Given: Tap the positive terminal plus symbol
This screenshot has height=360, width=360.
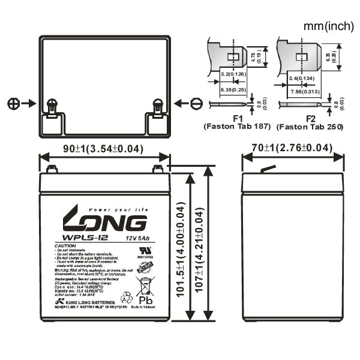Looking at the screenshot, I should [x=14, y=103].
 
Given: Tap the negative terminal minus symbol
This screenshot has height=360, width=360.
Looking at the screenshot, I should [x=196, y=103].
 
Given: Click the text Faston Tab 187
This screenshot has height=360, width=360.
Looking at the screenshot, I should [x=238, y=127].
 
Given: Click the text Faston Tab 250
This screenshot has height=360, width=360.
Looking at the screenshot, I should [x=311, y=127].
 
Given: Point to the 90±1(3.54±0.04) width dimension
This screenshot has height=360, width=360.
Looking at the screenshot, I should [x=104, y=148].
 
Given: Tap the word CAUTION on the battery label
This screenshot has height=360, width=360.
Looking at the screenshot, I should [x=64, y=247].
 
